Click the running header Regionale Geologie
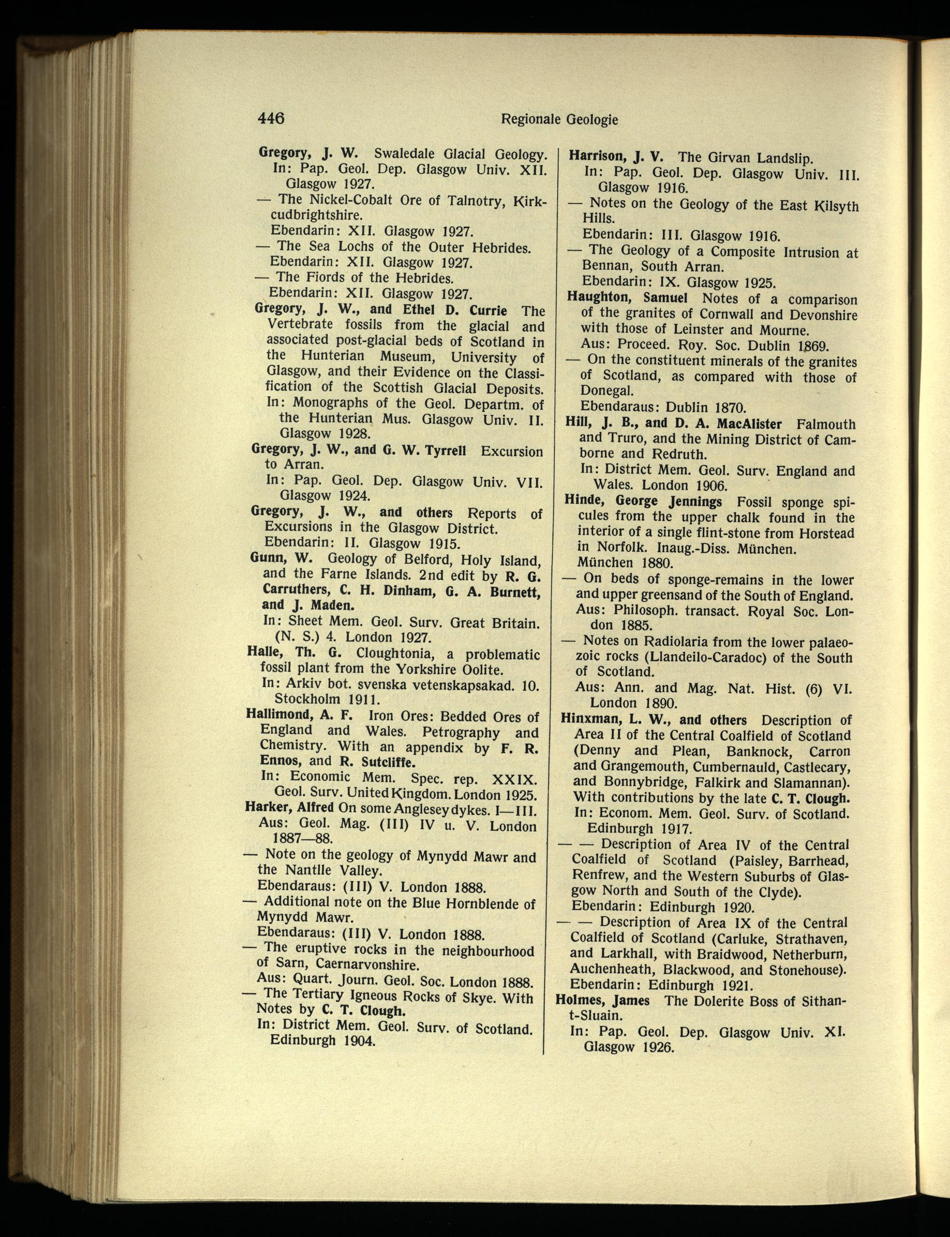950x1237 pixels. (x=559, y=119)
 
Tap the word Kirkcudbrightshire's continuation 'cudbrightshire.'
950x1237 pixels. (x=312, y=216)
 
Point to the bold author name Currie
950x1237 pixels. (x=486, y=311)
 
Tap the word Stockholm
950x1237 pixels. (x=307, y=699)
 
